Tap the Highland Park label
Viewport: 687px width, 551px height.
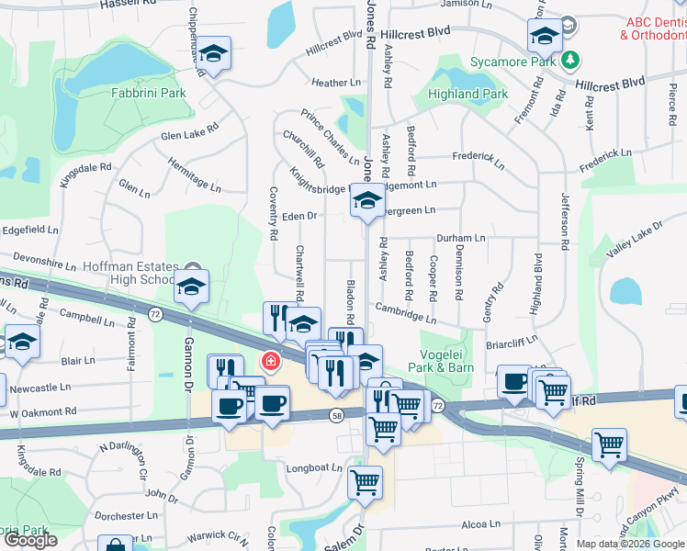click(x=467, y=94)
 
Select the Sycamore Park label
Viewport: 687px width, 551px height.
click(x=513, y=62)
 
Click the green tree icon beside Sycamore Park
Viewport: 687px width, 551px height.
click(x=571, y=61)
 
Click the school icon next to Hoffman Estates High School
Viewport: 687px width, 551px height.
click(x=192, y=287)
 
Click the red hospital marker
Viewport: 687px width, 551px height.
click(x=270, y=361)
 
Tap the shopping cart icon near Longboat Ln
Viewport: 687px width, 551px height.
click(x=365, y=481)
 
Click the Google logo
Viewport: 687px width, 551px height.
click(x=30, y=540)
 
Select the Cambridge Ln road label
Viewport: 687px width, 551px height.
click(x=405, y=313)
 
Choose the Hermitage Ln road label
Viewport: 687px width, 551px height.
click(x=194, y=174)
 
